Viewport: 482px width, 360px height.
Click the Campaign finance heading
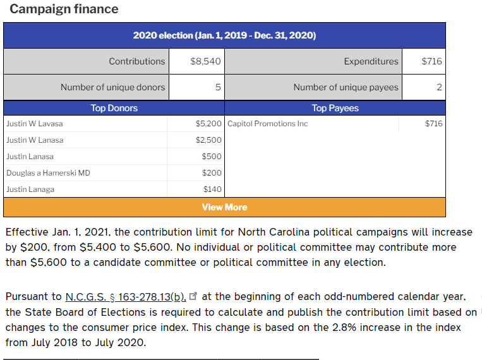pos(64,9)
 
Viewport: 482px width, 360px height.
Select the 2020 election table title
pos(224,35)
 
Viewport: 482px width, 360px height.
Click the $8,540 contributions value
pos(205,61)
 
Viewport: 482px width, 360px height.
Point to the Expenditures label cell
pos(371,61)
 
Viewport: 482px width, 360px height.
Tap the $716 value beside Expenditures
pos(431,61)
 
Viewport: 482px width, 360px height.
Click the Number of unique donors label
pos(112,87)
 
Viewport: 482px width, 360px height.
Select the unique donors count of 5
pos(218,87)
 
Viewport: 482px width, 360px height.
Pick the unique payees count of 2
pos(439,87)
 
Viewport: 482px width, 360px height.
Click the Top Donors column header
pos(114,108)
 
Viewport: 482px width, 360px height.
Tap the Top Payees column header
pos(335,108)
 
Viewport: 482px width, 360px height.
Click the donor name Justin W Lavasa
pos(35,124)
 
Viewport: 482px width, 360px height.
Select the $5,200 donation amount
pos(208,124)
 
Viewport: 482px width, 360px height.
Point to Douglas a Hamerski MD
pos(48,173)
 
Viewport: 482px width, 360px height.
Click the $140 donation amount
pos(212,189)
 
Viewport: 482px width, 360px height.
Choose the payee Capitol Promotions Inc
pos(268,124)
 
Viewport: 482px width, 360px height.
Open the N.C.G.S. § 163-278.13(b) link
pos(126,296)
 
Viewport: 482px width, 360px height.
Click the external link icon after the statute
pos(193,296)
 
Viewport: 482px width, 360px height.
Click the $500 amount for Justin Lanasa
pos(212,157)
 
